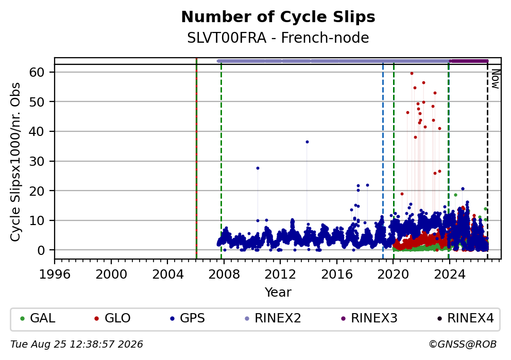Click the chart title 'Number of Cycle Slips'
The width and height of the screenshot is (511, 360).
tap(278, 17)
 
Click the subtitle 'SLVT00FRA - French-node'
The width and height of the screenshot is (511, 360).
tap(278, 38)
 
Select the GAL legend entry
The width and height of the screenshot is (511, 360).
tap(38, 318)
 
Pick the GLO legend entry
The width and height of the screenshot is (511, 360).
tap(112, 318)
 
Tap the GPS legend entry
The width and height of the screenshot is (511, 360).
tap(188, 318)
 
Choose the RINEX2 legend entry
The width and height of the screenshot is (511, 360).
tap(273, 318)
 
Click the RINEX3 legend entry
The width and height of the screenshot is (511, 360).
tap(369, 318)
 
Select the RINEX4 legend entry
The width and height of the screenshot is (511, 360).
tap(466, 318)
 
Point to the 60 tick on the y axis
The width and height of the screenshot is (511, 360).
tap(37, 72)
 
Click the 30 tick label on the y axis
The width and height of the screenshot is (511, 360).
tap(37, 161)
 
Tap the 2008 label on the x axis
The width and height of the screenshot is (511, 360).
tap(224, 275)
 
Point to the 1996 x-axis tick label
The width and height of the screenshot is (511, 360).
tap(55, 275)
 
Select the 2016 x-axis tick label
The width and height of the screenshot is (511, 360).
tap(337, 275)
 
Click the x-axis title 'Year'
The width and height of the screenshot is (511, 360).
tap(278, 292)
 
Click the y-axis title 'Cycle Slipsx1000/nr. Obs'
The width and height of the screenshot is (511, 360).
tap(15, 162)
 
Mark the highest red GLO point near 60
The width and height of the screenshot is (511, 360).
tap(412, 73)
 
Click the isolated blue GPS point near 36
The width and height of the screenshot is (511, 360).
tap(307, 142)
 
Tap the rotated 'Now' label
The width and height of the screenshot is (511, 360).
tap(496, 79)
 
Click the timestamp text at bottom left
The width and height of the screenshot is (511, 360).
tap(77, 345)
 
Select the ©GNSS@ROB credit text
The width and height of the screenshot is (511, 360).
tap(463, 345)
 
